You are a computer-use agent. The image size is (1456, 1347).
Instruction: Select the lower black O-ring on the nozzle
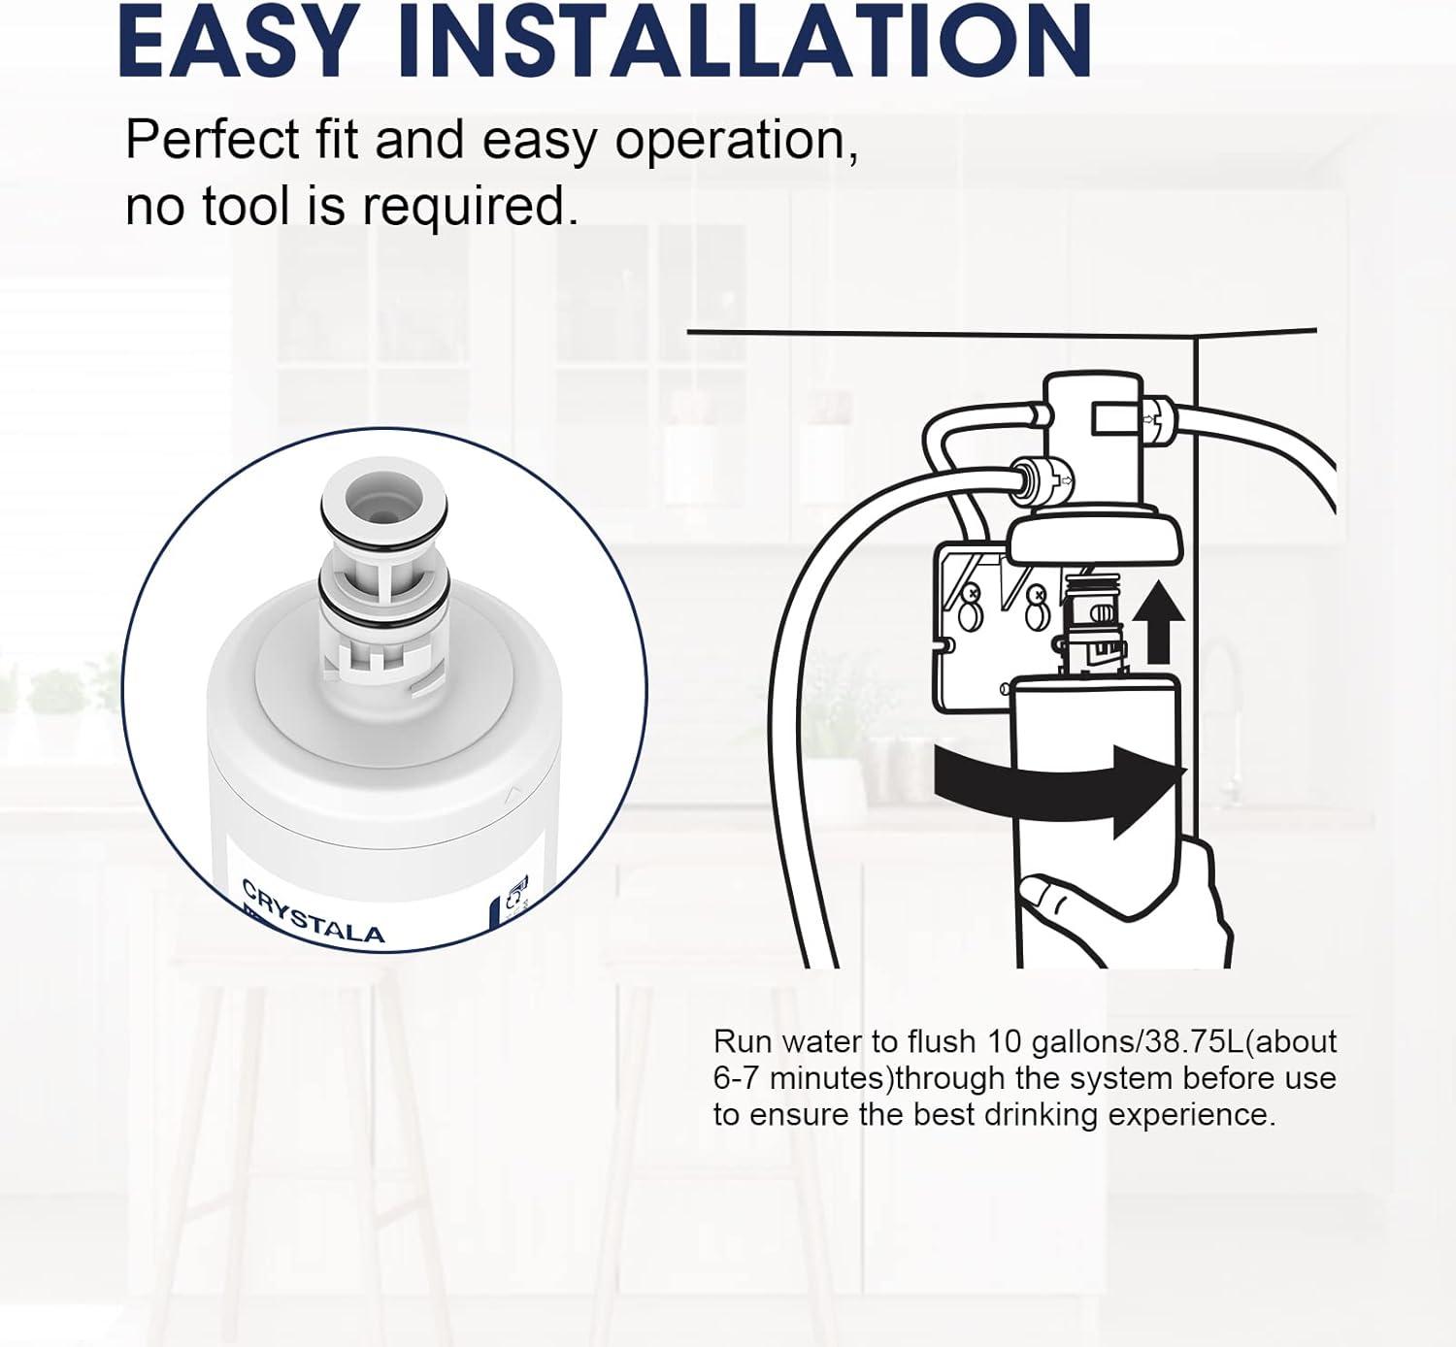(x=382, y=593)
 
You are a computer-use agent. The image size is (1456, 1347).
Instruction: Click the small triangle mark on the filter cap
(x=513, y=792)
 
